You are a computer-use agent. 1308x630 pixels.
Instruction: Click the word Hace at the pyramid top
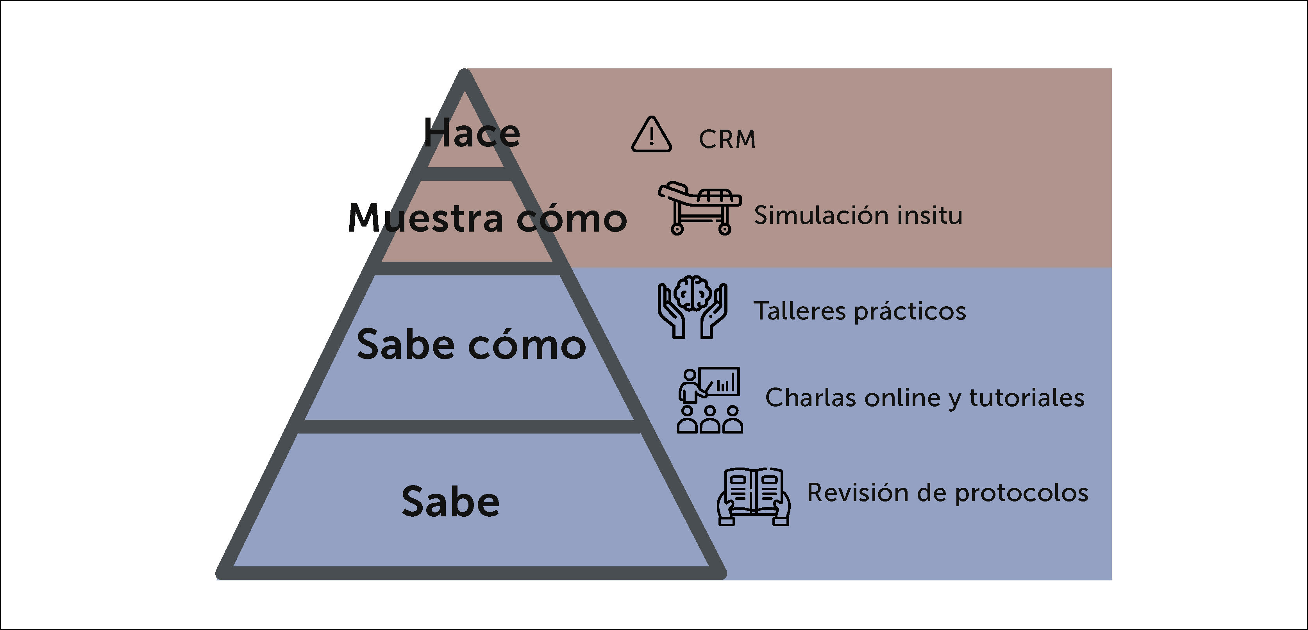(x=472, y=133)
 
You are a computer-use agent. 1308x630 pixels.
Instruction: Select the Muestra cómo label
(x=488, y=218)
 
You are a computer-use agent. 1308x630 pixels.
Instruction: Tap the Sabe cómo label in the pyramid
(x=471, y=345)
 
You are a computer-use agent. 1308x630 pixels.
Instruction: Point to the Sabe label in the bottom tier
(x=450, y=502)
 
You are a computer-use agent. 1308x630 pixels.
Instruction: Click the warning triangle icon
(x=652, y=135)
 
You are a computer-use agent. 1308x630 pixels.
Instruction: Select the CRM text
(x=727, y=139)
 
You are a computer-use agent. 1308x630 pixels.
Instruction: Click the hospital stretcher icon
(x=700, y=207)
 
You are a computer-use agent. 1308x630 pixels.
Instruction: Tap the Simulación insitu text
(x=858, y=215)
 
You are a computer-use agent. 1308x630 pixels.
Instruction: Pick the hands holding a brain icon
(x=693, y=307)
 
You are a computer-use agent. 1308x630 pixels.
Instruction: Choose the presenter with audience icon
(x=710, y=400)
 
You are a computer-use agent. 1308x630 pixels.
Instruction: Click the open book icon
(x=754, y=496)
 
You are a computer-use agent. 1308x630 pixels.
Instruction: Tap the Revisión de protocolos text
(x=947, y=493)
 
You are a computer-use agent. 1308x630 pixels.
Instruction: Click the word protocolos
(x=1022, y=493)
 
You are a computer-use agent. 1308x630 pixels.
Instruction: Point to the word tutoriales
(x=1027, y=398)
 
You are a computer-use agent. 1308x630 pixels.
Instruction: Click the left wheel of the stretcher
(x=677, y=229)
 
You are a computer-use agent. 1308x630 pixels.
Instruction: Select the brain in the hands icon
(x=693, y=293)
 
